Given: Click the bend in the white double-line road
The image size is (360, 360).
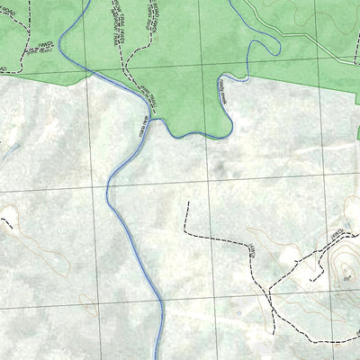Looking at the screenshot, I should (279, 31).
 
